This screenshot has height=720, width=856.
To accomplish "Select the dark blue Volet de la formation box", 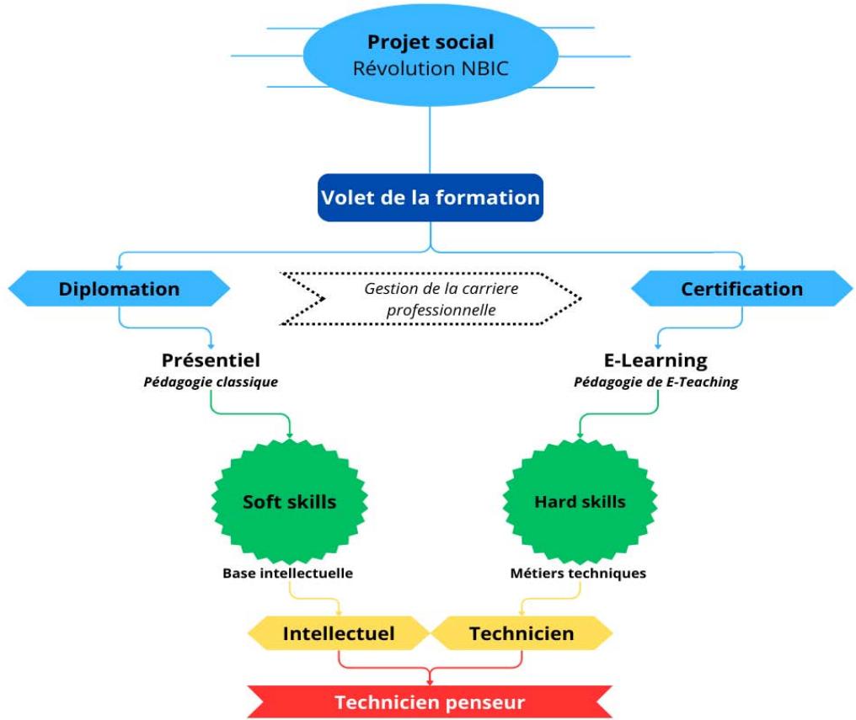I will click(x=430, y=198).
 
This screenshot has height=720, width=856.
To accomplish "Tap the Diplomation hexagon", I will click(x=119, y=289).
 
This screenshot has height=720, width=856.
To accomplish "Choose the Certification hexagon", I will click(x=741, y=289).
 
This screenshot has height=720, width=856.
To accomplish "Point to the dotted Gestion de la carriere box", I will click(x=430, y=299).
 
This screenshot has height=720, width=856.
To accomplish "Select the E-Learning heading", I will click(x=656, y=360).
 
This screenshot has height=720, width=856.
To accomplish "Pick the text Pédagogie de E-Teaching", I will click(x=656, y=382).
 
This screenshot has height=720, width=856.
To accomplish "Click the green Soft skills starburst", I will click(x=289, y=502).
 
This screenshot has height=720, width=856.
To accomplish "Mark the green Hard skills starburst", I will click(x=580, y=502).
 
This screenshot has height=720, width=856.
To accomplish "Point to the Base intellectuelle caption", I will click(x=287, y=573).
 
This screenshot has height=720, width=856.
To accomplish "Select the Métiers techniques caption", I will click(x=578, y=573).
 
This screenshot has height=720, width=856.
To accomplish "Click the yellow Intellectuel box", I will click(x=338, y=633).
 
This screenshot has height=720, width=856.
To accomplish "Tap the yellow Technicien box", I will click(x=522, y=633).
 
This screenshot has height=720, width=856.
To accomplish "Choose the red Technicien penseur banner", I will click(x=430, y=702).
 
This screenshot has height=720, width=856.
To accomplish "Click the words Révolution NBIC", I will click(x=431, y=68).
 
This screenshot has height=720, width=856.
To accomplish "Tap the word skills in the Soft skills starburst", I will click(x=311, y=502).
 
